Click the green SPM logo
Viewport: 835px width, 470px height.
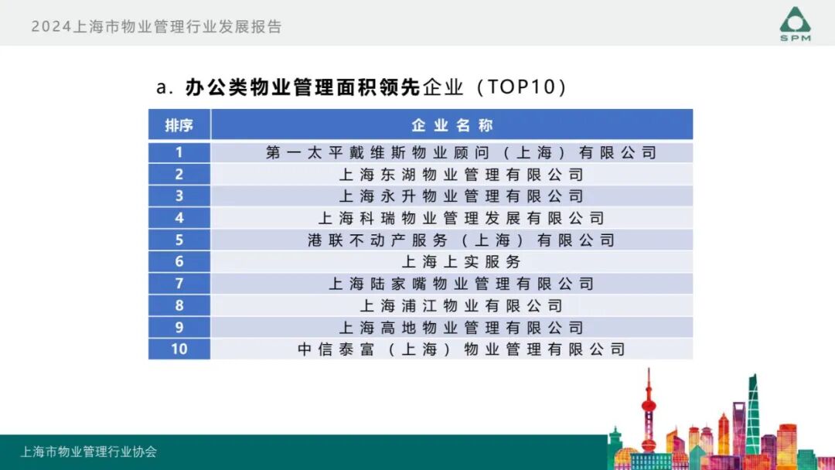[795, 23]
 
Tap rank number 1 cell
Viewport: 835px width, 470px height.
[179, 152]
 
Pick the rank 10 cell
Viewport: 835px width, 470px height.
[179, 349]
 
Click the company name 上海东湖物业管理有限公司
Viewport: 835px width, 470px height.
[461, 175]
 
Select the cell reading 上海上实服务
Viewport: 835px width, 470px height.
[461, 262]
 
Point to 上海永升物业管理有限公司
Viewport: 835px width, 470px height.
[461, 196]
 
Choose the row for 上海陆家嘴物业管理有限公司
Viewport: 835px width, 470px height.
[461, 284]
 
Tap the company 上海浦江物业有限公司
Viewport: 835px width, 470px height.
[461, 305]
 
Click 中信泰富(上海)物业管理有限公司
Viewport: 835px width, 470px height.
[461, 349]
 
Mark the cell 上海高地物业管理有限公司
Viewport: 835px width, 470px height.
[461, 328]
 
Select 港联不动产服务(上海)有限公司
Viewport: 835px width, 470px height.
[461, 240]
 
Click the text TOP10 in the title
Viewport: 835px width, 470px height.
[521, 87]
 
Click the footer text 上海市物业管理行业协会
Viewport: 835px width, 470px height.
[89, 451]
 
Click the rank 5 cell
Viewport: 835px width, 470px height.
[179, 240]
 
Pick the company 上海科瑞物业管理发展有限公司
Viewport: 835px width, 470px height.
[461, 218]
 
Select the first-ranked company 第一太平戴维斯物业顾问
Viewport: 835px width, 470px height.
[461, 152]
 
